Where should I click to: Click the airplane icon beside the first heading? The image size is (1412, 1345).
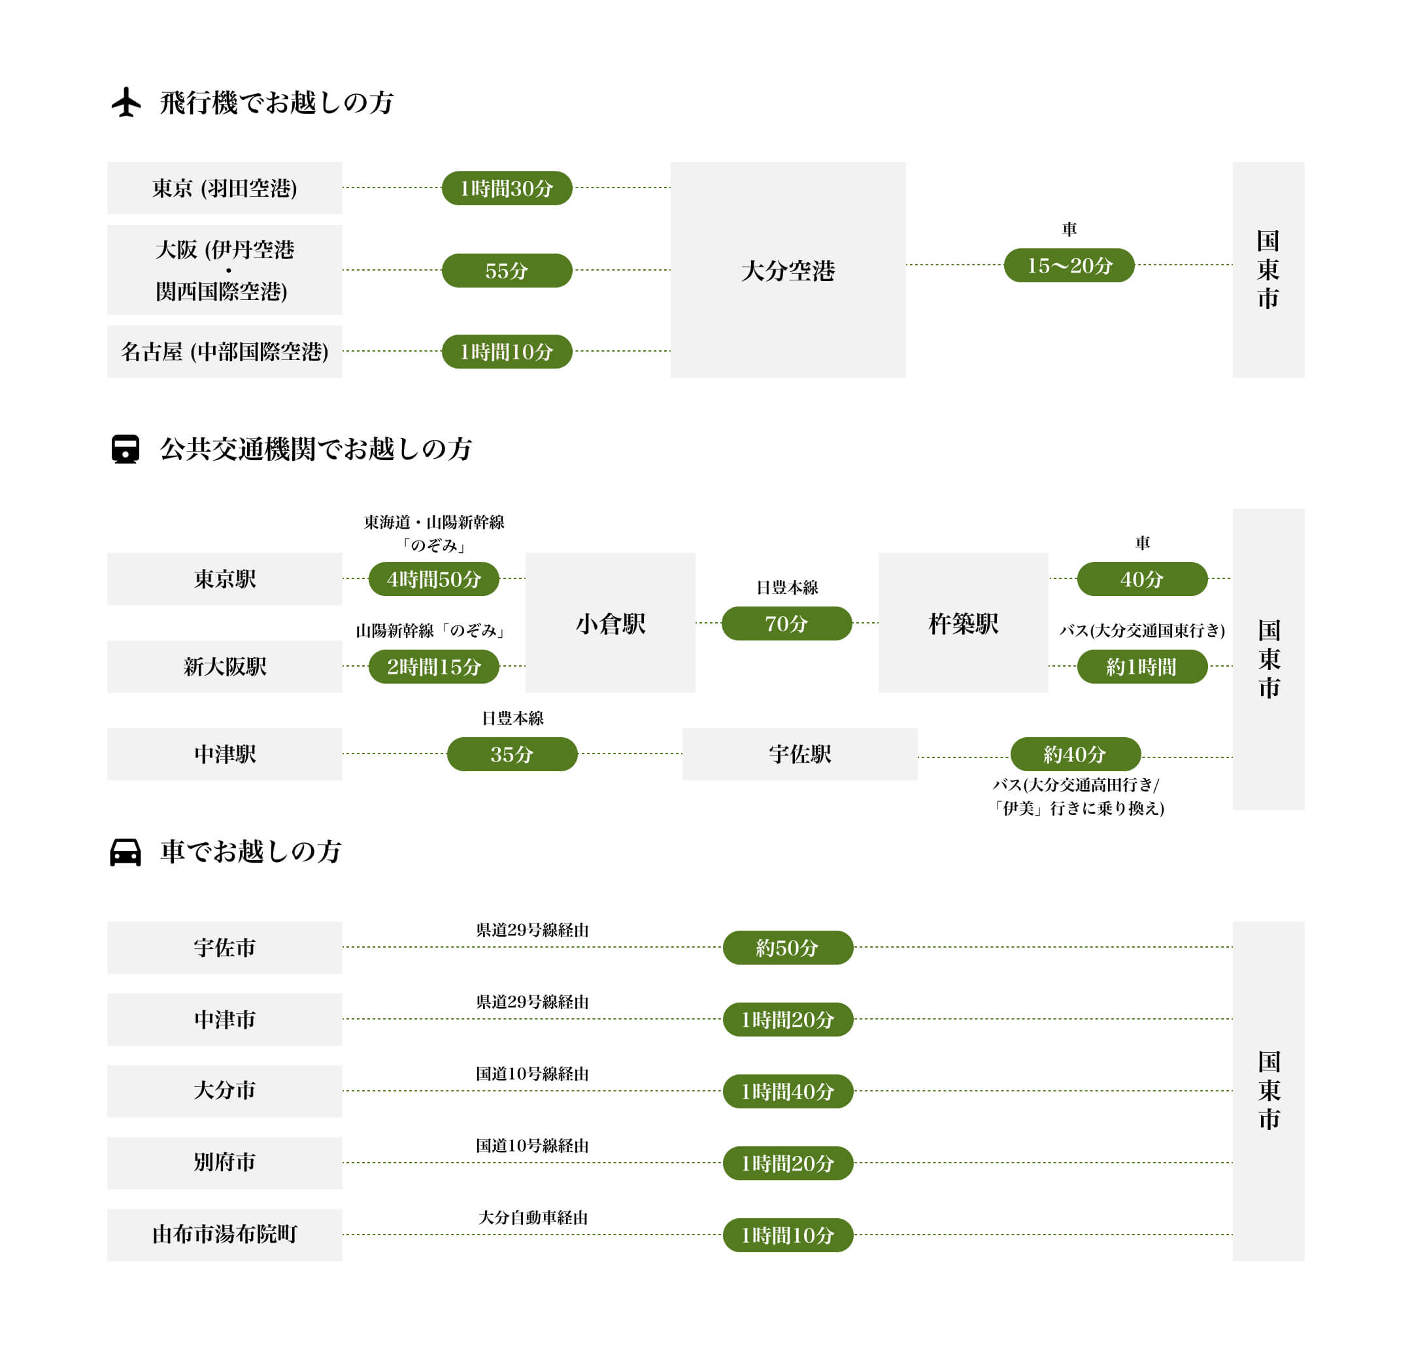(x=126, y=102)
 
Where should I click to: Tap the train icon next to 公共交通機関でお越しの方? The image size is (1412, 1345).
(x=126, y=450)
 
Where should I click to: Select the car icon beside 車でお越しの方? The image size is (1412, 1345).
(x=126, y=852)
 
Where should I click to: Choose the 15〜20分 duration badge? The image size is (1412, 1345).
(x=1069, y=265)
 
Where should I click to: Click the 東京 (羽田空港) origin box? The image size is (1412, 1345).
(x=224, y=188)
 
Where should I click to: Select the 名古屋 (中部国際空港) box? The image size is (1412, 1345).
(x=224, y=352)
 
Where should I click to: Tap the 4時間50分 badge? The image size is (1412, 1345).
(x=433, y=578)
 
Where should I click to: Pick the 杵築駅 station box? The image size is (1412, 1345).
(x=962, y=622)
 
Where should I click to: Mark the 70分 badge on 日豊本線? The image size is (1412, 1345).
(x=786, y=623)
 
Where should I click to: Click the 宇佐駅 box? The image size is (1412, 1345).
(x=799, y=754)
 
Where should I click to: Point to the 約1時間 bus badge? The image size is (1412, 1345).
(x=1141, y=666)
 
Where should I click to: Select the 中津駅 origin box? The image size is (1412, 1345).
(x=224, y=754)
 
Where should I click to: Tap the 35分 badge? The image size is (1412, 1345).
(x=511, y=754)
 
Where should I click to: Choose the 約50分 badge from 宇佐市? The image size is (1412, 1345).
(x=788, y=947)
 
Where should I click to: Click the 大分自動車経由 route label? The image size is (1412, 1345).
(x=532, y=1218)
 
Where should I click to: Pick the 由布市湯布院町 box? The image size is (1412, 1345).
(x=224, y=1234)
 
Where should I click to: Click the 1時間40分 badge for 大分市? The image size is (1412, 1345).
(x=788, y=1091)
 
